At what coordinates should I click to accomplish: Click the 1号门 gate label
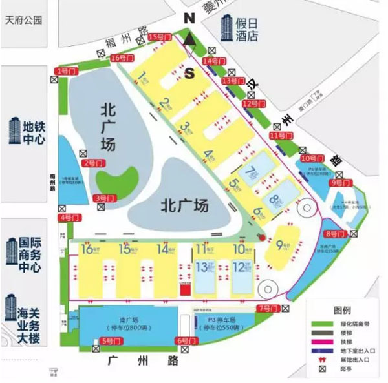coord(65,70)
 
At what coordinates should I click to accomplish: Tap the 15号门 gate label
coord(158,37)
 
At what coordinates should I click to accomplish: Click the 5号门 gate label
coord(111,340)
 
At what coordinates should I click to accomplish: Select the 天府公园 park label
coord(23,19)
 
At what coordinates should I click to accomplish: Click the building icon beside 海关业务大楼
coord(11,307)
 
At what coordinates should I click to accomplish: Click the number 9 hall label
coord(280,244)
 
